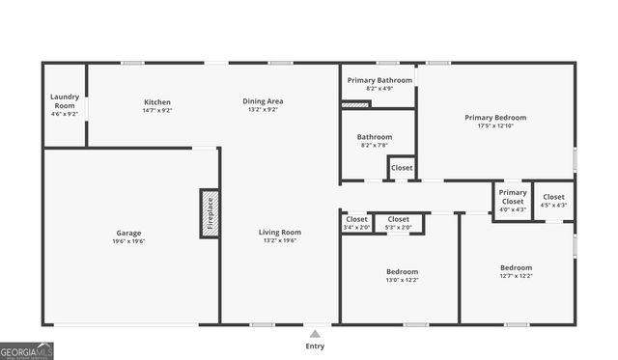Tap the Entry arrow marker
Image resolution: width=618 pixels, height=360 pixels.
pos(315,334)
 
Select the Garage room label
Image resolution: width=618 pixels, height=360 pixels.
pos(128,233)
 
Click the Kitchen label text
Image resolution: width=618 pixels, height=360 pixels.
pos(156,101)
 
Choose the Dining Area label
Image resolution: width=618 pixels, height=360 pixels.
pos(263,101)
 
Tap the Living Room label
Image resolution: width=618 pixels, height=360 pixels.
pos(280,232)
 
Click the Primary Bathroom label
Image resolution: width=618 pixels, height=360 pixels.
pos(380,80)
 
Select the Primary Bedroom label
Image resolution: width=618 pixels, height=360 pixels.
pos(502,118)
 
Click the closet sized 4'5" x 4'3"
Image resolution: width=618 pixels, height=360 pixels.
pos(554,200)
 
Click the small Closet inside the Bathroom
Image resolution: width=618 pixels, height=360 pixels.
pos(402,168)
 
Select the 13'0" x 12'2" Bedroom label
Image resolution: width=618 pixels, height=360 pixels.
pos(403,271)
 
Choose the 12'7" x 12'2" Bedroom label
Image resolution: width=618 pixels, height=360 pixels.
pos(516,267)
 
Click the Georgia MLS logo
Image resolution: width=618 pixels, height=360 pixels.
pos(26,351)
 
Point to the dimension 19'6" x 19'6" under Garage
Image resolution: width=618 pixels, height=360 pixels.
pos(128,241)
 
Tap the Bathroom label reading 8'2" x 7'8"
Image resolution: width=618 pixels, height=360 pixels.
pos(375,141)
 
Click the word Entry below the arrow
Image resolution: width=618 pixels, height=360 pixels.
pos(315,346)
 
